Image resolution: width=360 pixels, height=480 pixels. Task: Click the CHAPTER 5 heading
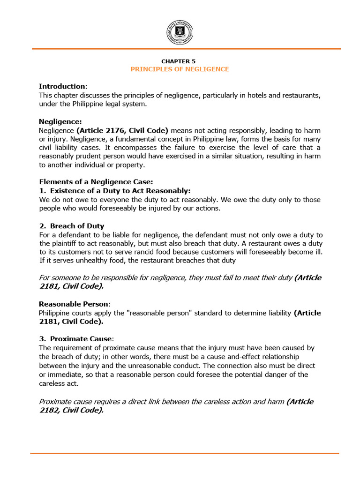(179, 61)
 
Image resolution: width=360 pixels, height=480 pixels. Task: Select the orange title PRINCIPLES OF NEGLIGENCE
(180, 69)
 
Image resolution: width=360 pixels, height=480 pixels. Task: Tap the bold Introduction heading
(62, 87)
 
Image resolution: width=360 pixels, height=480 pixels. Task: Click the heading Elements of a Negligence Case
(96, 182)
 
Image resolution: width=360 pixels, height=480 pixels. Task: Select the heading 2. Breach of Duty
(71, 226)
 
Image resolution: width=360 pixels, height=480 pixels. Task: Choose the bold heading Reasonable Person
(75, 304)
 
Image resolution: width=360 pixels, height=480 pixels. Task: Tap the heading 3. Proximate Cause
(76, 339)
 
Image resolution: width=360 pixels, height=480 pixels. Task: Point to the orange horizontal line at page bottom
(184, 453)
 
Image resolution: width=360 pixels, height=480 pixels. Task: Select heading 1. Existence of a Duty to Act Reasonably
(114, 191)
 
